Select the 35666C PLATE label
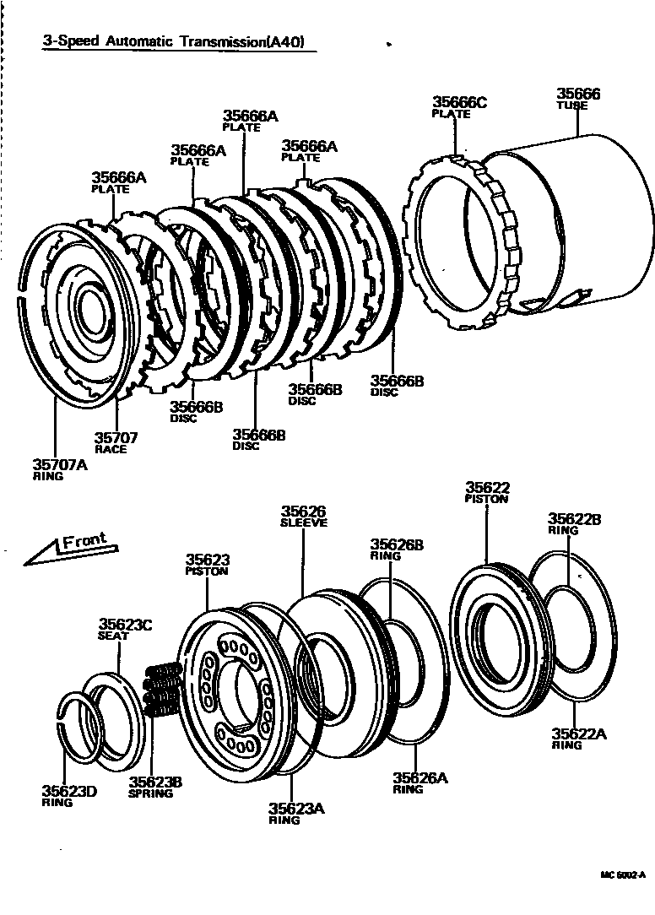[x=460, y=107]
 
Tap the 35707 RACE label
[x=116, y=442]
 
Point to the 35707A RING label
[x=60, y=468]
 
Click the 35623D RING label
[x=69, y=796]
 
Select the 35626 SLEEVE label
[x=303, y=516]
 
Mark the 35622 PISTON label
[x=487, y=492]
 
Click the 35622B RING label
[x=574, y=523]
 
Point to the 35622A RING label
[x=579, y=739]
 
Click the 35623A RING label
[x=297, y=813]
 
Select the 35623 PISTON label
[x=208, y=564]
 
